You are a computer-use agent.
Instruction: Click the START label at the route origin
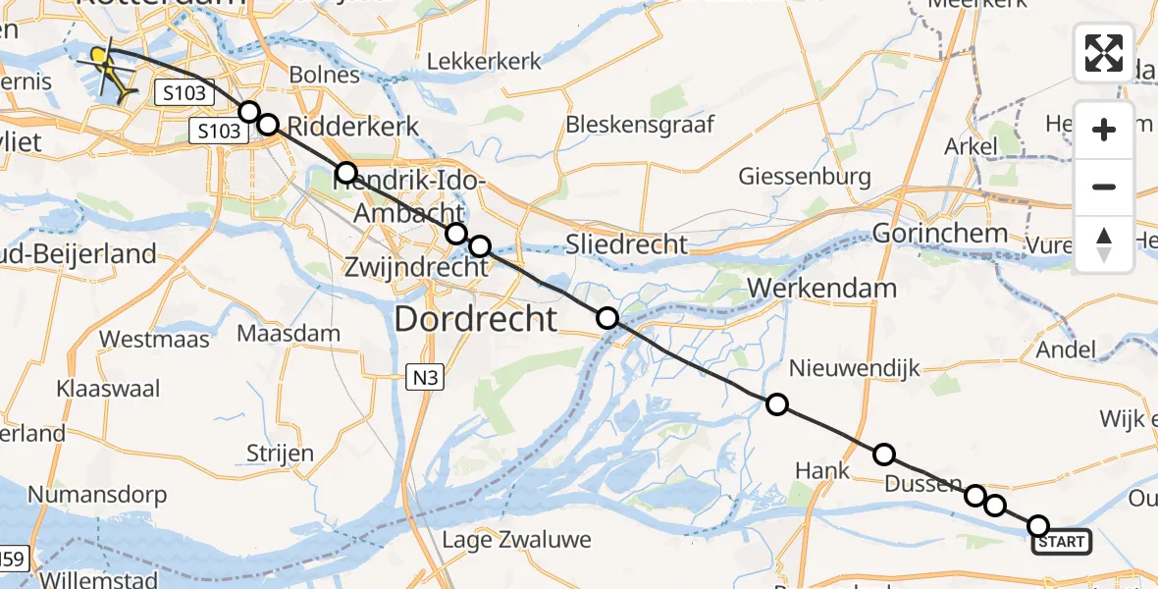point(1061,542)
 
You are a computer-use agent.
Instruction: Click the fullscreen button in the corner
point(1104,53)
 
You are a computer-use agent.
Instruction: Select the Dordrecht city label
point(476,318)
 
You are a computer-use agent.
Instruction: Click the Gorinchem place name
point(939,233)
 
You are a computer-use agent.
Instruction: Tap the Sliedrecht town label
point(627,244)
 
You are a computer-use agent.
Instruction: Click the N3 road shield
point(420,374)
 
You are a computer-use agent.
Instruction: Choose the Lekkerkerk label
point(484,61)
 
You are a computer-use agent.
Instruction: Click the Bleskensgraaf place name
point(640,125)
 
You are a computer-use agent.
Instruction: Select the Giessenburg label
point(806,177)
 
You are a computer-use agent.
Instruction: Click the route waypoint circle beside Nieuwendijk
point(776,404)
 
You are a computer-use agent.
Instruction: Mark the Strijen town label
point(280,454)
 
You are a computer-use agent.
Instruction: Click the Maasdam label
point(289,334)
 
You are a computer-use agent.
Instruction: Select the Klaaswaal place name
point(108,389)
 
